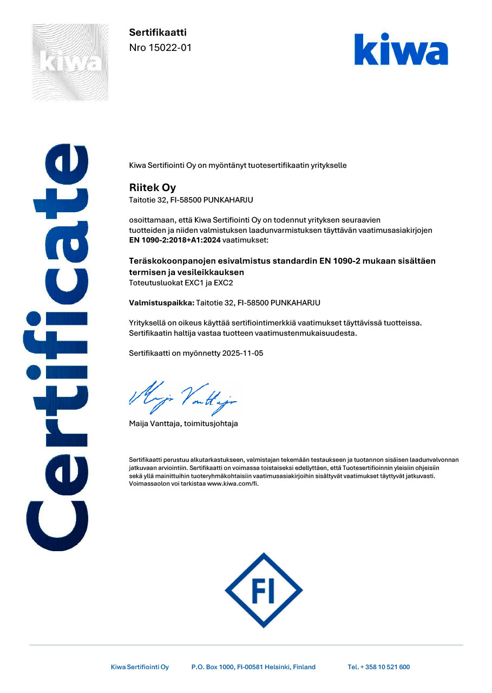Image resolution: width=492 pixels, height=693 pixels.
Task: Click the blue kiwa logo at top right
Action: click(401, 49)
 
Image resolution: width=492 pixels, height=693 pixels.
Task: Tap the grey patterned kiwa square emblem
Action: click(70, 62)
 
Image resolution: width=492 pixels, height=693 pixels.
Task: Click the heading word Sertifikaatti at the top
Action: click(158, 32)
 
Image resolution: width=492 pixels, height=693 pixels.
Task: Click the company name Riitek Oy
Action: click(153, 188)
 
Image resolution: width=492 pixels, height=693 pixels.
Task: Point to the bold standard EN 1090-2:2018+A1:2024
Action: click(175, 239)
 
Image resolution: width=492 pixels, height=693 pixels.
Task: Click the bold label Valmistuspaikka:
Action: click(162, 303)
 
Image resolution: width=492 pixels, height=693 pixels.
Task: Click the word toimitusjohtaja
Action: click(215, 423)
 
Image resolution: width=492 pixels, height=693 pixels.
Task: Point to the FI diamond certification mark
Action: click(263, 590)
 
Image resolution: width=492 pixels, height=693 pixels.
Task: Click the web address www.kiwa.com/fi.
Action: click(233, 483)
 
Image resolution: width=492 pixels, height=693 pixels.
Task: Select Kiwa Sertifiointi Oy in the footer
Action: click(140, 667)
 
